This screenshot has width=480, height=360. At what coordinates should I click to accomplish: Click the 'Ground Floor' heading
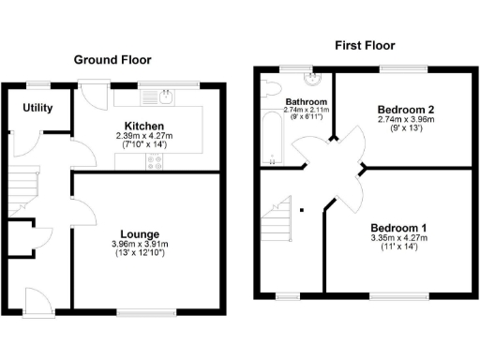pyautogui.click(x=112, y=60)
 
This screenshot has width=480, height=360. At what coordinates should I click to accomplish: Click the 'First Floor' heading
pyautogui.click(x=366, y=45)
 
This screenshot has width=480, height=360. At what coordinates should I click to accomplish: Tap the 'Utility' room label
pyautogui.click(x=38, y=108)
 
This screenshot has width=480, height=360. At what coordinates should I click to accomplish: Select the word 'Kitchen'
pyautogui.click(x=144, y=126)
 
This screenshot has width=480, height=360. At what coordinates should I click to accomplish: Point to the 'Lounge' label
pyautogui.click(x=139, y=233)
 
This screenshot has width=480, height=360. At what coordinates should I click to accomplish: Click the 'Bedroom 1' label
pyautogui.click(x=398, y=228)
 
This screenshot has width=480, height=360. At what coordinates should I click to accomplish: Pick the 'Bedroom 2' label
pyautogui.click(x=397, y=109)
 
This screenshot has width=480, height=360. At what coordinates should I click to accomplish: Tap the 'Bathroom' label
pyautogui.click(x=306, y=102)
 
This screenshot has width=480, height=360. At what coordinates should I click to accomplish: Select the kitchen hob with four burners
pyautogui.click(x=154, y=161)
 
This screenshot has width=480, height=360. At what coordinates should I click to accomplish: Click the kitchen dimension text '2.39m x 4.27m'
pyautogui.click(x=144, y=137)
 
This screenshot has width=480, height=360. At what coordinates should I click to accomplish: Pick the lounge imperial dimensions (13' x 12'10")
pyautogui.click(x=139, y=254)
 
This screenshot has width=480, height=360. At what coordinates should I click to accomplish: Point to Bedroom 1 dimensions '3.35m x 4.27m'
pyautogui.click(x=398, y=239)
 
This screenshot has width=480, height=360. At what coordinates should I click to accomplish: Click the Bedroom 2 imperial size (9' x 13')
pyautogui.click(x=397, y=129)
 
